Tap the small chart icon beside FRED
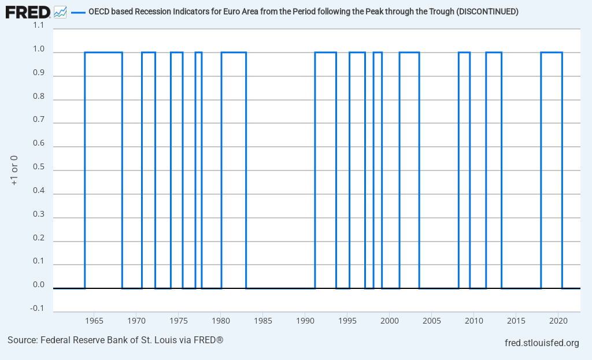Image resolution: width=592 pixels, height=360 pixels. point(60,12)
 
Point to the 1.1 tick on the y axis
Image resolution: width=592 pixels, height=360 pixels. point(38,25)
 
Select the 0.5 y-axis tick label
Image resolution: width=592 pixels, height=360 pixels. point(38,167)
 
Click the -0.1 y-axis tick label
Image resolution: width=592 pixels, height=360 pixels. point(37,308)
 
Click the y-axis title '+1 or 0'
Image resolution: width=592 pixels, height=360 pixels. point(14,170)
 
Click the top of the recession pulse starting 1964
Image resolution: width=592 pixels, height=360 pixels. point(103,53)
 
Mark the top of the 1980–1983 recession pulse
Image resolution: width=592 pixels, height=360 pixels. point(234,53)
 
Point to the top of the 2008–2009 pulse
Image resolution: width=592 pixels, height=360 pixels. point(464,53)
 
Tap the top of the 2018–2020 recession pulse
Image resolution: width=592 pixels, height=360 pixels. point(552,53)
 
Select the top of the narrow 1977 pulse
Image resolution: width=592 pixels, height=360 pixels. point(198,53)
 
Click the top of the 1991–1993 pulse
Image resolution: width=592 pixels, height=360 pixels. point(325,53)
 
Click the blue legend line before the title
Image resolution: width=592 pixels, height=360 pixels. point(77,12)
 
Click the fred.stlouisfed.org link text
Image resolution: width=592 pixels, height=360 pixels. point(542,343)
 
